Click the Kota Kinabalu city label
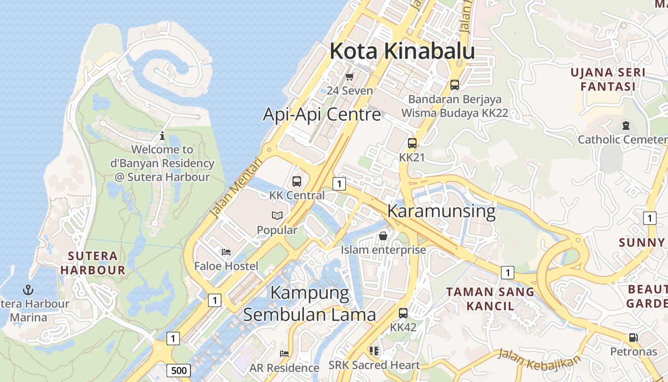[x=402, y=52]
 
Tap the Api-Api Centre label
[x=322, y=115]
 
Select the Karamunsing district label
[x=441, y=211]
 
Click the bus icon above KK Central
[x=297, y=181]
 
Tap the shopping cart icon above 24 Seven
[x=349, y=76]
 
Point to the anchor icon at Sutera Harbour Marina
[x=28, y=289]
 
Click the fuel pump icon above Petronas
[x=633, y=337]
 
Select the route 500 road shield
[x=179, y=370]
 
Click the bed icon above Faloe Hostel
[x=226, y=252]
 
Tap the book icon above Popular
[x=277, y=215]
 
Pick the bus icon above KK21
[x=412, y=143]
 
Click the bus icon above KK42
[x=403, y=313]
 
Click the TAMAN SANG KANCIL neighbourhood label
[x=490, y=298]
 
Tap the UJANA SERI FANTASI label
[x=608, y=80]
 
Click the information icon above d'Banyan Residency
[x=162, y=136]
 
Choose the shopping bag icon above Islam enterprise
[x=383, y=235]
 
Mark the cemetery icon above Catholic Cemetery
[x=626, y=126]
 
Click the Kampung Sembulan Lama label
[x=310, y=304]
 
